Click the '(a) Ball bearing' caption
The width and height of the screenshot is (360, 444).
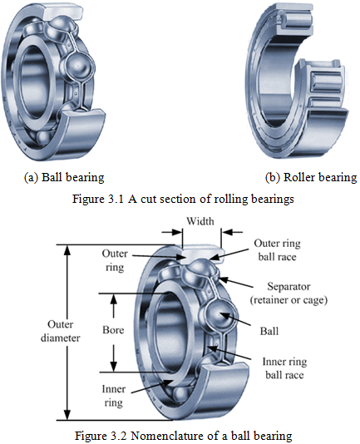64,178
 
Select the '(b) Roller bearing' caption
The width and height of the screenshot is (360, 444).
311,178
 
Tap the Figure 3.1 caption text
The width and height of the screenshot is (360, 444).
183,199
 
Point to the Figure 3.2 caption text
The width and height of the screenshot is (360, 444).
183,436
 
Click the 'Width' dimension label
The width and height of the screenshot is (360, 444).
200,221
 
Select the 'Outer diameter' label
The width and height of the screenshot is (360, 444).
60,331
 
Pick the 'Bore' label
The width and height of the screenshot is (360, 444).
113,330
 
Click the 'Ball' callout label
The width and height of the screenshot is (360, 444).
269,331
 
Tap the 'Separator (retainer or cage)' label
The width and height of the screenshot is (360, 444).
288,293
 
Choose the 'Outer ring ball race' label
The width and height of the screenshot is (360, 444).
278,250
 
